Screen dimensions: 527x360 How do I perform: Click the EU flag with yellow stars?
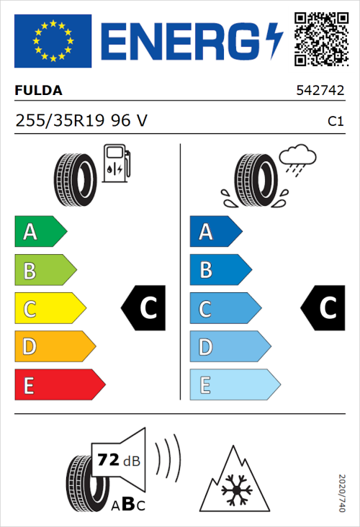tap(53, 41)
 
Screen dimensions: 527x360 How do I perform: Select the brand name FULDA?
tap(38, 91)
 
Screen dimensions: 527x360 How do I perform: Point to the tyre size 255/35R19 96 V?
tap(81, 121)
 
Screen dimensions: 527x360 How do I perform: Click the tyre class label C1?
tap(335, 122)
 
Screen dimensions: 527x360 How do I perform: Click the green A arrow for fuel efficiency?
tap(40, 232)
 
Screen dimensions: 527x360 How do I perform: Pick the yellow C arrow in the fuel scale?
tap(49, 309)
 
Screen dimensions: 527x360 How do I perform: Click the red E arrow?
tap(59, 385)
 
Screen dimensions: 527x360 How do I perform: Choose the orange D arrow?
tap(54, 347)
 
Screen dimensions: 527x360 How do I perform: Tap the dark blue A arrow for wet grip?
tap(215, 232)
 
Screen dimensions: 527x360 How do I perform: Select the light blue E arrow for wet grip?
tap(234, 385)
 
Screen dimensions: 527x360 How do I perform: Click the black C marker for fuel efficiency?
tap(144, 308)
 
